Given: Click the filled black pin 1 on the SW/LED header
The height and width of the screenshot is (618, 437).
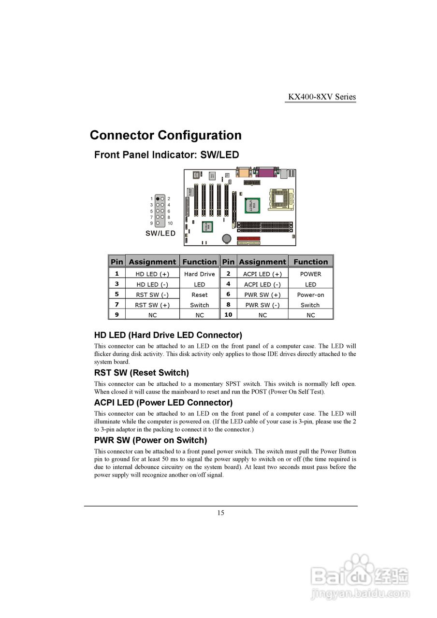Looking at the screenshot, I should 158,198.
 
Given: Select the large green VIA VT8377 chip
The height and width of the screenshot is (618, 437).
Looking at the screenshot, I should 251,205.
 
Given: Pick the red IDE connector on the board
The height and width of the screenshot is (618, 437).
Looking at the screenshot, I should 248,239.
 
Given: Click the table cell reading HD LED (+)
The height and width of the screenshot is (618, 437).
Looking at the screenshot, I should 152,274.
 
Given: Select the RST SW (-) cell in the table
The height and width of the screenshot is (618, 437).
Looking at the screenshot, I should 152,295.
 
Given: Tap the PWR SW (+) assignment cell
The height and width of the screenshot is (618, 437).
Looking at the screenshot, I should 262,295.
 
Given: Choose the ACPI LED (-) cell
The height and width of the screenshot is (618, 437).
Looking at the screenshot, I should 262,284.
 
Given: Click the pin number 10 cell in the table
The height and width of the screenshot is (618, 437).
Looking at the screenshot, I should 228,314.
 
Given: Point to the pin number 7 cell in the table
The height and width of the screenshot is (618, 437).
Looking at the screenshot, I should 117,305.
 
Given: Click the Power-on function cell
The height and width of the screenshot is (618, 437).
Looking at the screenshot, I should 310,295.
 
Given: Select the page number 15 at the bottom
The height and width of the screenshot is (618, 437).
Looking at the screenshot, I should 220,513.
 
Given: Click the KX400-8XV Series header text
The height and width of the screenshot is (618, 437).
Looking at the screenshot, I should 322,97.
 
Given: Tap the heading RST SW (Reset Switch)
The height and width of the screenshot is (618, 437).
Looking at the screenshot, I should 141,373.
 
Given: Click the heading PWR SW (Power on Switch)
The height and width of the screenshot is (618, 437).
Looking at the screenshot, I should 150,440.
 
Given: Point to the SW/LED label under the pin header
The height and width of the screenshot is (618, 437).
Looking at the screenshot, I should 160,233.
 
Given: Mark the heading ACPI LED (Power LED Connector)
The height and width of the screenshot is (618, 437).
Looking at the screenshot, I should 163,403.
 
